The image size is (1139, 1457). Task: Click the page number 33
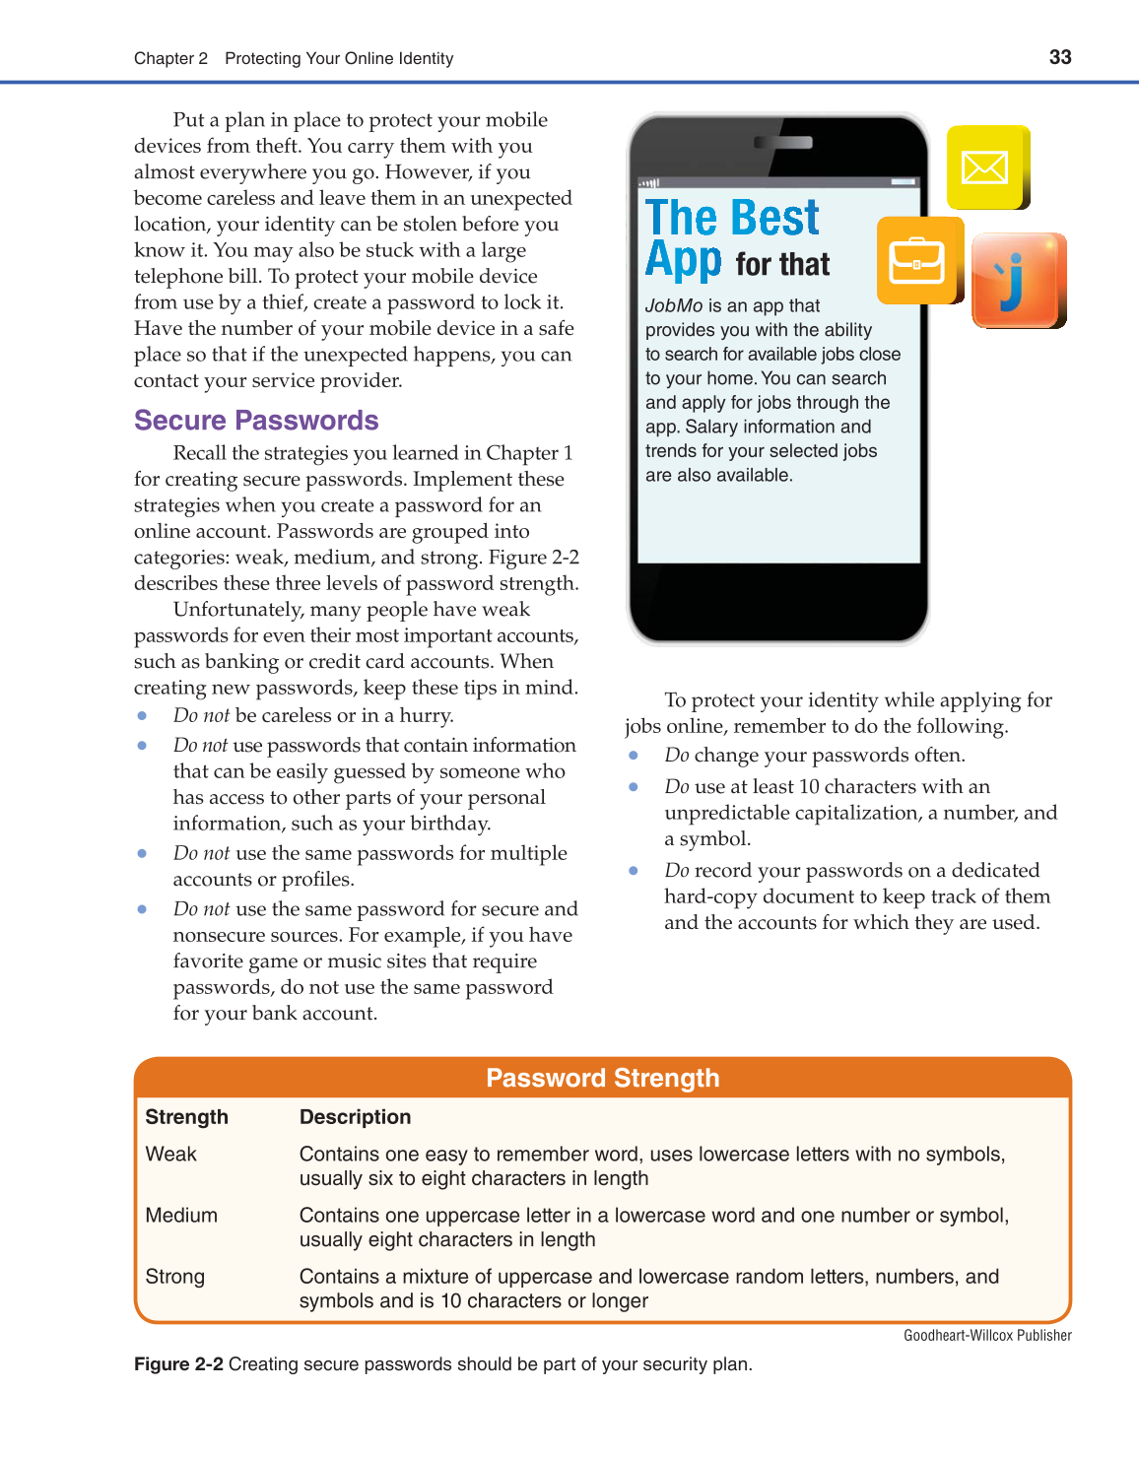[x=1060, y=57]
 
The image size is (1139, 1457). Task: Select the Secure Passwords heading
[x=256, y=421]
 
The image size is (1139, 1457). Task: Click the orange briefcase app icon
[x=917, y=261]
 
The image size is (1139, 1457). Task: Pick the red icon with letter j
[x=1017, y=280]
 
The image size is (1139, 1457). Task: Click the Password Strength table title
[x=602, y=1078]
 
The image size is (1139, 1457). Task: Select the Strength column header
[x=186, y=1117]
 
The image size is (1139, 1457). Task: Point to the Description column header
[x=355, y=1117]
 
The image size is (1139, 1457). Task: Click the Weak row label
[x=171, y=1154]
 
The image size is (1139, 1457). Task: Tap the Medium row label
[x=181, y=1215]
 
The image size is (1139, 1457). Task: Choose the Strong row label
[x=175, y=1276]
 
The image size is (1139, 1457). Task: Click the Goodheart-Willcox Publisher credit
[x=987, y=1336]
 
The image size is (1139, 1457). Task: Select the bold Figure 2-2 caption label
[x=178, y=1364]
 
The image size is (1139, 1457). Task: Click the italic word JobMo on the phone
[x=674, y=306]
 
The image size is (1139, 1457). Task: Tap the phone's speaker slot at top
[x=783, y=143]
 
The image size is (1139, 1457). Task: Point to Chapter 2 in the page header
[x=170, y=58]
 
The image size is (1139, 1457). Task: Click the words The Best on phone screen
[x=732, y=218]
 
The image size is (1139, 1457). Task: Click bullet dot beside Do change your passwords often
[x=634, y=756]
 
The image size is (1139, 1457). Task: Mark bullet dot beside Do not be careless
[x=143, y=716]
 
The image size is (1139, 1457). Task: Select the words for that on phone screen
[x=782, y=265]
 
